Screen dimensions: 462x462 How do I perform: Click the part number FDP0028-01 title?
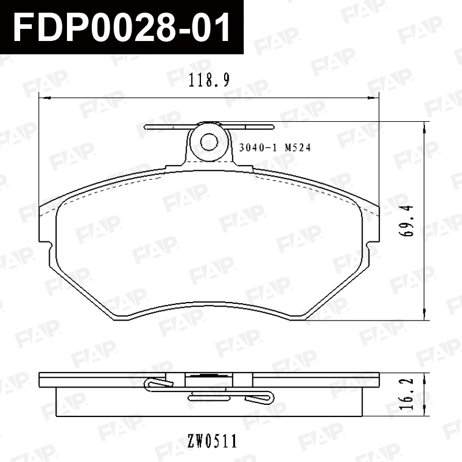(121, 27)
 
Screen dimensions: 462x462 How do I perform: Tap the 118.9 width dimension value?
(209, 80)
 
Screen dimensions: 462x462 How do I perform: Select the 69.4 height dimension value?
(407, 221)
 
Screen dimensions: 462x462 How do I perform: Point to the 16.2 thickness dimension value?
(407, 394)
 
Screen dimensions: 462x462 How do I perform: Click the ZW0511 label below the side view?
(212, 441)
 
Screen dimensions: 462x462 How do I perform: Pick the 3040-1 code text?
(258, 147)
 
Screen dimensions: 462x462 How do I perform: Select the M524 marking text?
(297, 147)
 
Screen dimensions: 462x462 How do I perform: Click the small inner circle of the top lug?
(209, 142)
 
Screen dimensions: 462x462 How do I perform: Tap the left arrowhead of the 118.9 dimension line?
(45, 98)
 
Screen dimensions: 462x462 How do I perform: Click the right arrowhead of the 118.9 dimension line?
(373, 98)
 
